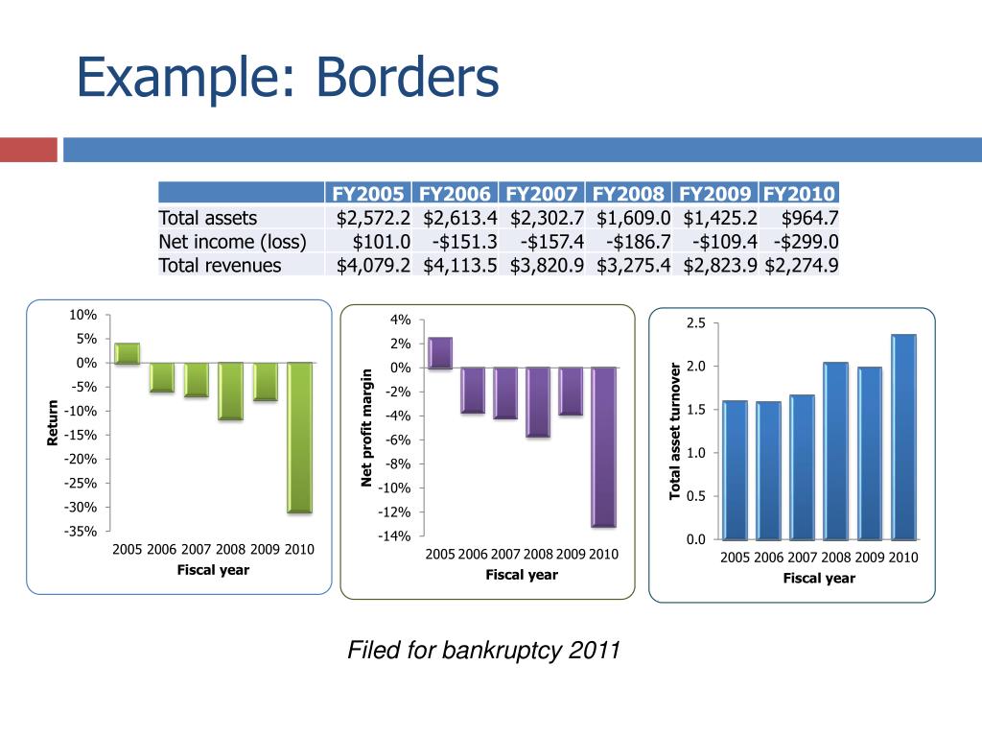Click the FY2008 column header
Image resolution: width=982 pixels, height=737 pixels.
pyautogui.click(x=629, y=193)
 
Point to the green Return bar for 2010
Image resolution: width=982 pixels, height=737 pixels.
pyautogui.click(x=300, y=437)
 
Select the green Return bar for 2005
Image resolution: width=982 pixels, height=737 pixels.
pyautogui.click(x=127, y=353)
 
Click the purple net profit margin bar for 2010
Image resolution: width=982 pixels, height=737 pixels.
pyautogui.click(x=603, y=446)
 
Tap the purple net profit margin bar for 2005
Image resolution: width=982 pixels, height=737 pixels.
pyautogui.click(x=440, y=352)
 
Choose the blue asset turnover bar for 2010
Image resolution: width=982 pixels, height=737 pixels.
pyautogui.click(x=902, y=437)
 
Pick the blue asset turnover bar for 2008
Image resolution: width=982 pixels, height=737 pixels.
pyautogui.click(x=835, y=450)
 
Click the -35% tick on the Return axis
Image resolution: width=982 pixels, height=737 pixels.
pyautogui.click(x=81, y=532)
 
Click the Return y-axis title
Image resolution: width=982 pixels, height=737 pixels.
pyautogui.click(x=54, y=423)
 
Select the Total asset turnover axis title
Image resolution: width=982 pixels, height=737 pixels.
pyautogui.click(x=675, y=431)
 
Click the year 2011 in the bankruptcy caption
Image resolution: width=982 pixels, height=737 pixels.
pyautogui.click(x=595, y=652)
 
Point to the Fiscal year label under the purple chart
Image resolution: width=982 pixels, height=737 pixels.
pyautogui.click(x=521, y=575)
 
